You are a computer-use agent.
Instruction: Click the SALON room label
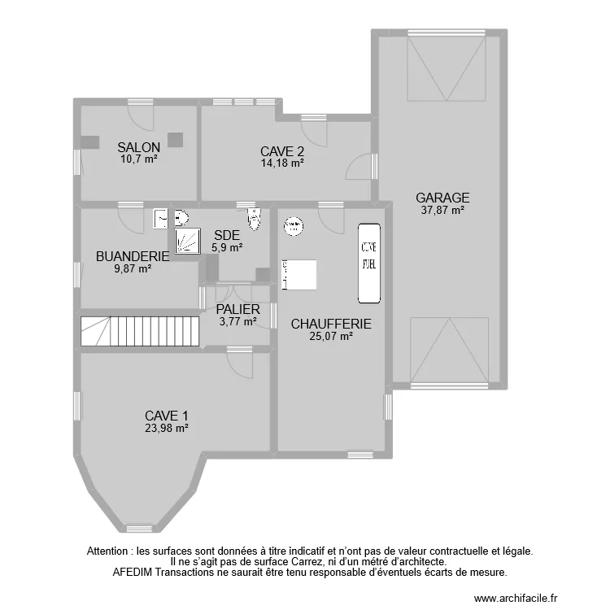coord(138,147)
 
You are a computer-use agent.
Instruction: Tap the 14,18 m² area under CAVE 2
coord(282,163)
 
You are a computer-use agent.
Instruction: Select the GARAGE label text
coord(442,198)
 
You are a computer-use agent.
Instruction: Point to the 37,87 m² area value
coord(442,210)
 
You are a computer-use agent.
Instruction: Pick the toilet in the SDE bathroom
coord(255,218)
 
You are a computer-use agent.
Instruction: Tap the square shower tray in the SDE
coord(187,240)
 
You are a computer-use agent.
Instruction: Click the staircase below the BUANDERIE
coord(140,330)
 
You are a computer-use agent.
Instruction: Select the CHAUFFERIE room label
coord(331,324)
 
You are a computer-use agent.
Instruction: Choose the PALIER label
coord(237,309)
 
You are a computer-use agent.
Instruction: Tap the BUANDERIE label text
coord(132,256)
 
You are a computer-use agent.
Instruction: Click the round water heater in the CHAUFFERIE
coord(293,224)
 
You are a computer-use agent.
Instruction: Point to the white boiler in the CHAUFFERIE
coord(299,274)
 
